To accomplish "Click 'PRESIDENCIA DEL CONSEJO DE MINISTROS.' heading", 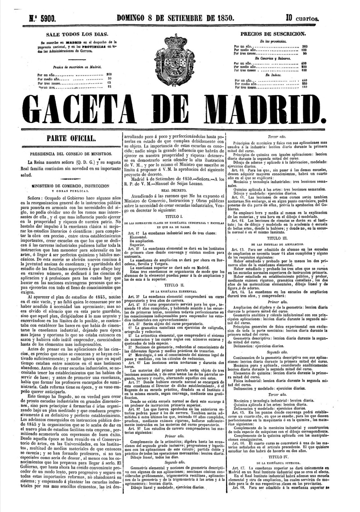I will (73, 154).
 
